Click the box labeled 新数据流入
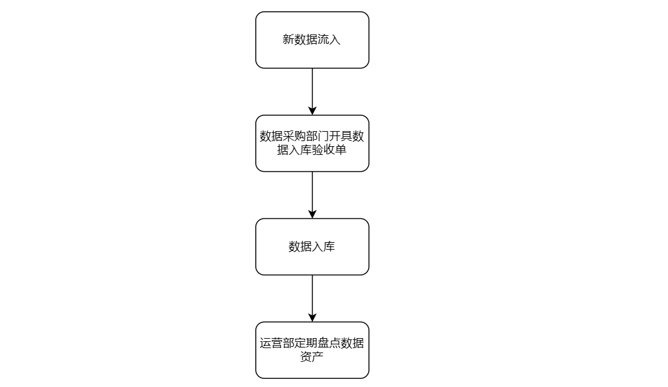312,40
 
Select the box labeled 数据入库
312,247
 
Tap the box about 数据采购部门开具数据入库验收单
312,143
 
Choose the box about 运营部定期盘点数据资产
312,350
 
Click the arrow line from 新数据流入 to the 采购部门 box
312,92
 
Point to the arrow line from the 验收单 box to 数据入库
312,195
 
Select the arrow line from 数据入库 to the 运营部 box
312,299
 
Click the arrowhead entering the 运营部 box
312,317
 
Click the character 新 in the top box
289,40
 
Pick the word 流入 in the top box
329,40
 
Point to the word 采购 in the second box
295,136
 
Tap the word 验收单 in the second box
329,150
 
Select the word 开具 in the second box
341,136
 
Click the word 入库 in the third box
324,247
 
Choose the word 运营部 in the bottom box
277,343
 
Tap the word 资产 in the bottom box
312,357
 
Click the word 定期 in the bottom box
306,343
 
